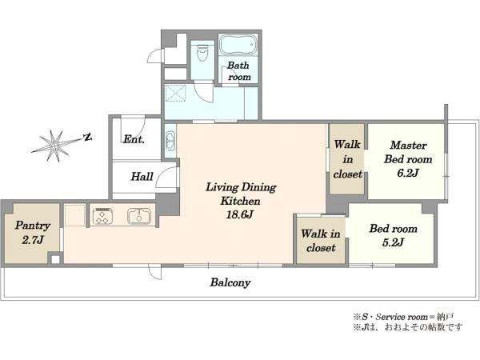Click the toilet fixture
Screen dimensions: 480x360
202,53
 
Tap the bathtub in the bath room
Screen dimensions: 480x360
238,45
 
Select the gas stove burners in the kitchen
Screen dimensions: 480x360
102,216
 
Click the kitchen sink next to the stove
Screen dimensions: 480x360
139,216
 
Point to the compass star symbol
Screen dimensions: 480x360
55,146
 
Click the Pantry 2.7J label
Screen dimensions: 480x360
33,233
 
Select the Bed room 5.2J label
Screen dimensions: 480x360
394,235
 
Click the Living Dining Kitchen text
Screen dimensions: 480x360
241,194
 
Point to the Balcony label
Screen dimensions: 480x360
230,282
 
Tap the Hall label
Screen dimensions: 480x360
142,176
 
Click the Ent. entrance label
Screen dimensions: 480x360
134,139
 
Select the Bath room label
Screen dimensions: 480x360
239,71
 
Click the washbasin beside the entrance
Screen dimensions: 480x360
170,142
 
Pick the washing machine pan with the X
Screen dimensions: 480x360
175,93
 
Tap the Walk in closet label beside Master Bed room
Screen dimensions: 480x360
348,159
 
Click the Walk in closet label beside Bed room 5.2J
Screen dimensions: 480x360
321,241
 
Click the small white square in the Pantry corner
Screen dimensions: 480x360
55,259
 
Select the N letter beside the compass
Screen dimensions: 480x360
88,137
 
